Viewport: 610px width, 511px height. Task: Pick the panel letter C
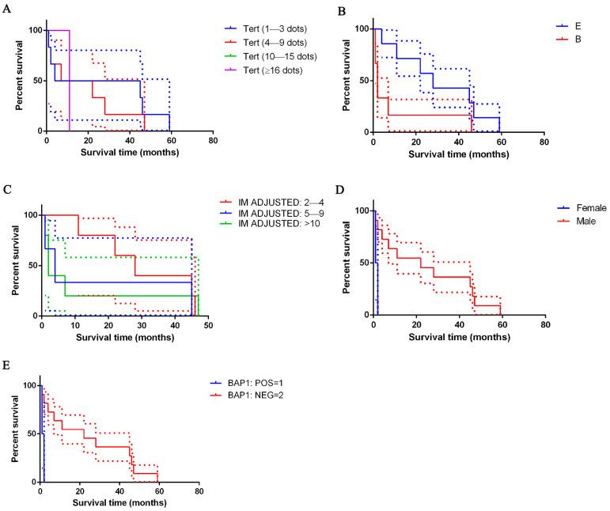pyautogui.click(x=7, y=190)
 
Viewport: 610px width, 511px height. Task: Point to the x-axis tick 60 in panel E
pyautogui.click(x=158, y=493)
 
